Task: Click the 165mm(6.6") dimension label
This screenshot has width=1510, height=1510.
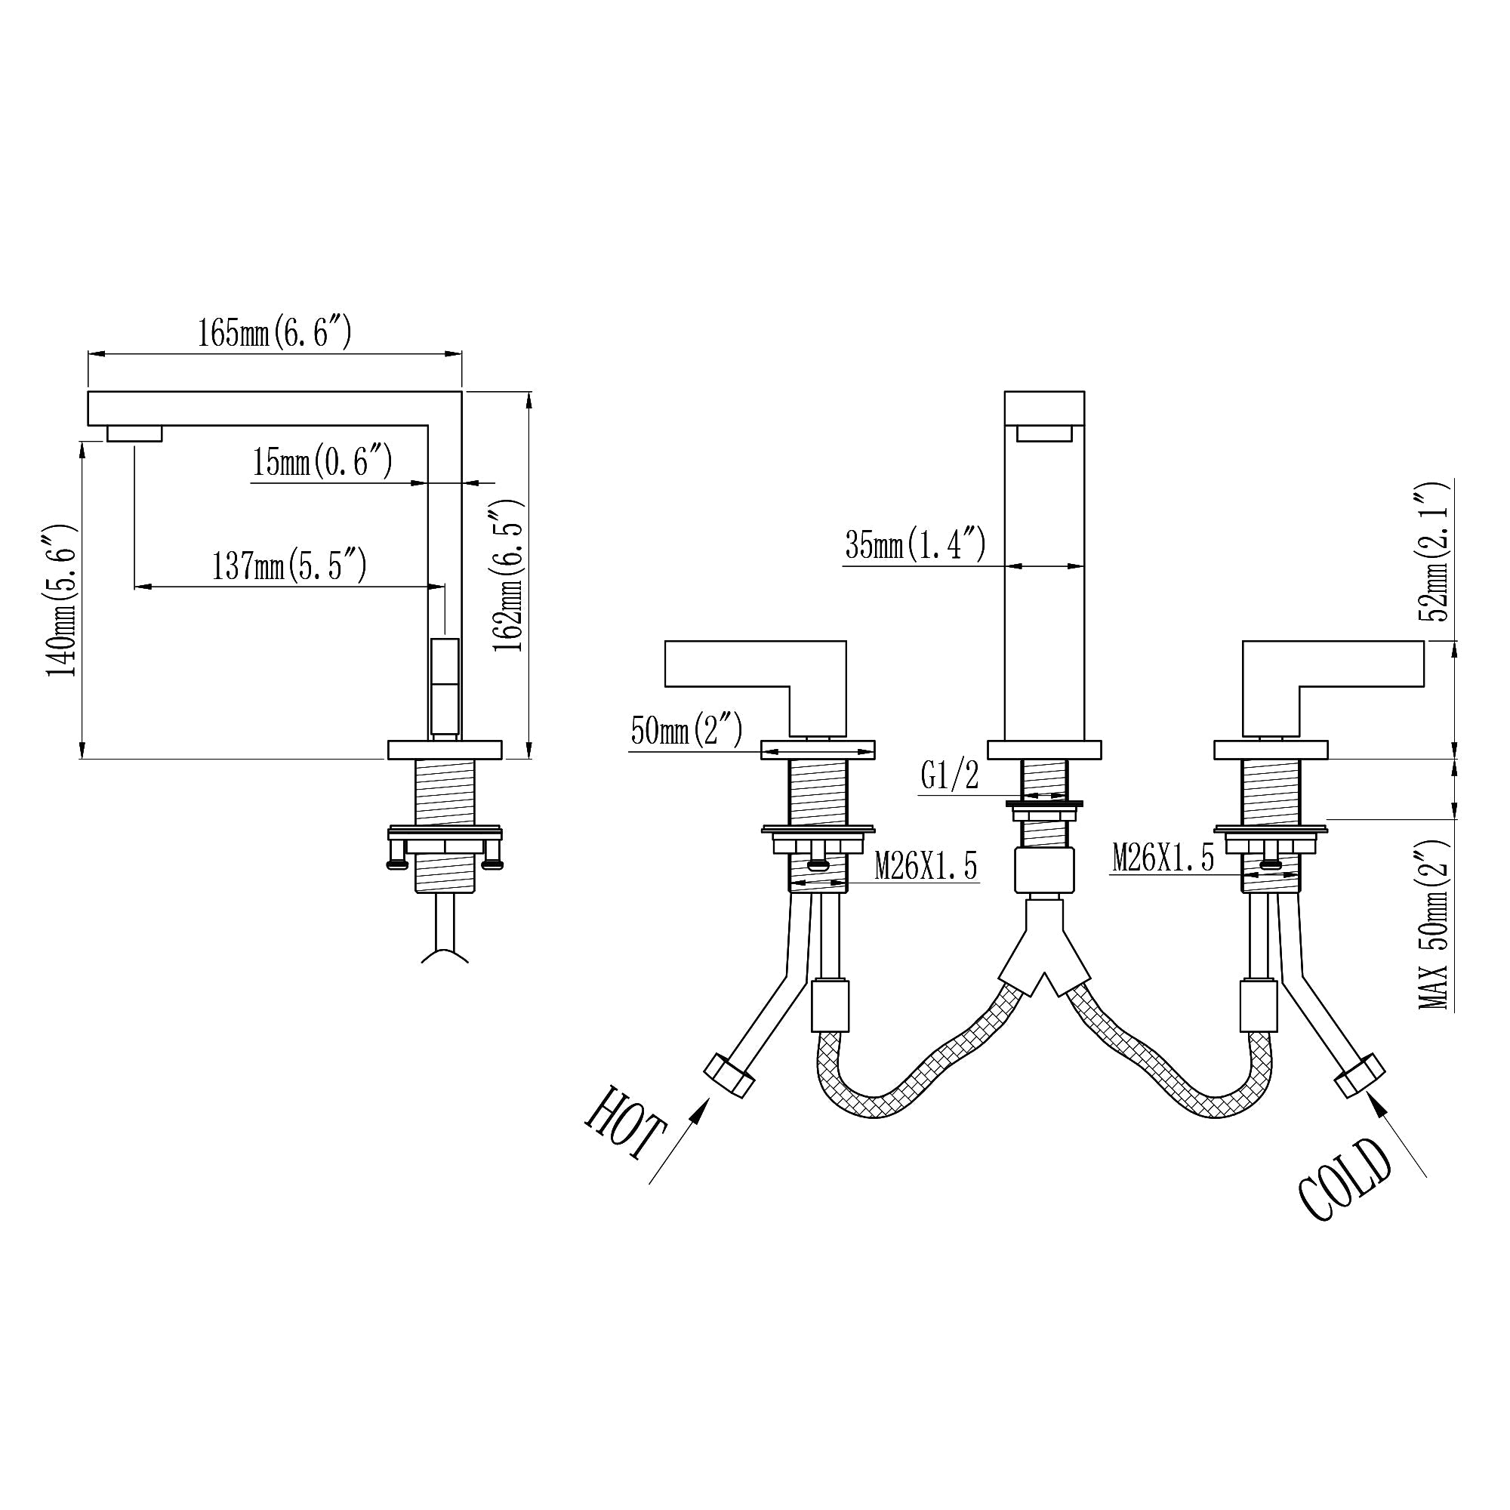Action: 274,334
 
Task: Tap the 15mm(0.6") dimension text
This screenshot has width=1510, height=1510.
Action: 321,462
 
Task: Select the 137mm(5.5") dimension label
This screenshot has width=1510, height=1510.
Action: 289,565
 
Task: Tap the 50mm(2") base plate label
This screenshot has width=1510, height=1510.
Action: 686,731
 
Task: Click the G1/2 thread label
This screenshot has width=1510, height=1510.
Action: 950,777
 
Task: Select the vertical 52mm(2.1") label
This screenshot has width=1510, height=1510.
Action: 1437,552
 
